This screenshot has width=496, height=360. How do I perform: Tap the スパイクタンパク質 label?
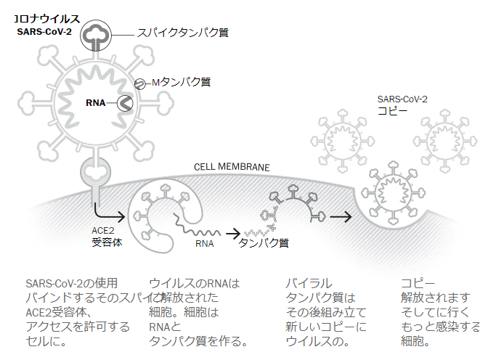[x=183, y=33]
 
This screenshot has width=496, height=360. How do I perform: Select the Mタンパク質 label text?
[x=181, y=83]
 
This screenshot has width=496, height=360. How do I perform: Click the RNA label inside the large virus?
[x=96, y=103]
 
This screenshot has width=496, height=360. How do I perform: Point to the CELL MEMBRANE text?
[x=232, y=167]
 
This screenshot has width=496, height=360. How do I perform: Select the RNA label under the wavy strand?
[x=206, y=244]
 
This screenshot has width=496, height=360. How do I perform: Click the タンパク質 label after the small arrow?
[x=264, y=243]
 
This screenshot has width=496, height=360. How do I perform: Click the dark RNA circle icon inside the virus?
[x=125, y=104]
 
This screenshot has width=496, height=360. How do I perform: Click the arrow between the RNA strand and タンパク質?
[x=232, y=233]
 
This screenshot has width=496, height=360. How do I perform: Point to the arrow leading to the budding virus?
[x=340, y=216]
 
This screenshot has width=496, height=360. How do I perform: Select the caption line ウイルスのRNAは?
[x=194, y=282]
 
